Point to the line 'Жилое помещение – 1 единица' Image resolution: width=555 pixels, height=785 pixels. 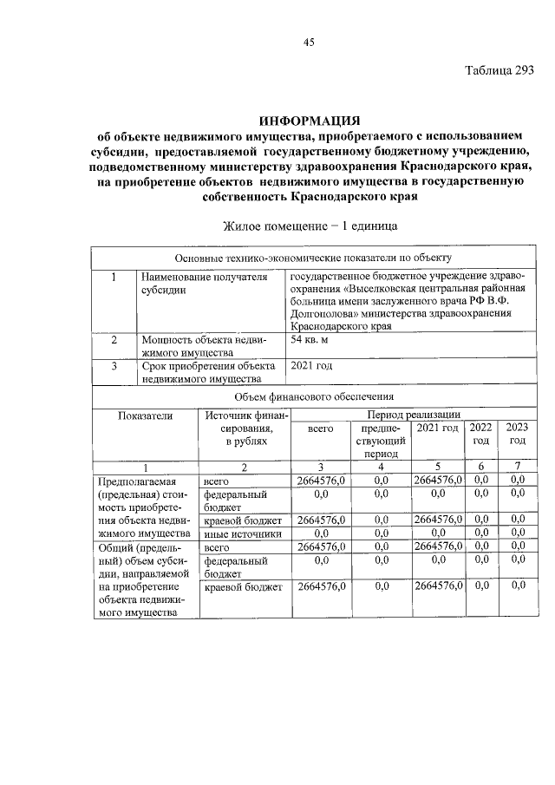pyautogui.click(x=310, y=226)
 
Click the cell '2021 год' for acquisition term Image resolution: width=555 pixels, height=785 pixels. pyautogui.click(x=310, y=365)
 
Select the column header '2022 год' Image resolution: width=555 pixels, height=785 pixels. pyautogui.click(x=480, y=434)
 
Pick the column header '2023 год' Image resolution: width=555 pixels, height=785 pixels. pyautogui.click(x=518, y=434)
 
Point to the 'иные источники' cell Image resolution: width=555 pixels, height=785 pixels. pyautogui.click(x=242, y=533)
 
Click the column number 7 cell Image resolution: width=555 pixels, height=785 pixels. pyautogui.click(x=518, y=467)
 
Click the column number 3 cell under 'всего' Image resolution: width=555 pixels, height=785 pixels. pyautogui.click(x=321, y=467)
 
